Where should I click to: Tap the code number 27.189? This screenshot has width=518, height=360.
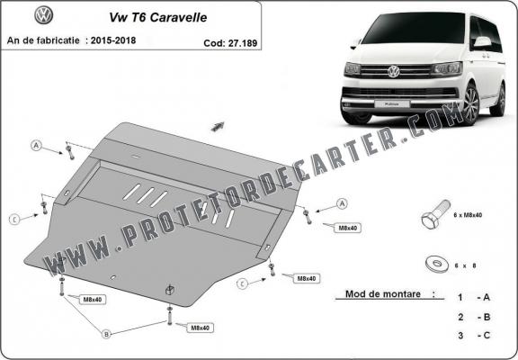(237, 41)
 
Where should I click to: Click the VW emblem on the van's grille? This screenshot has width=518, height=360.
(396, 71)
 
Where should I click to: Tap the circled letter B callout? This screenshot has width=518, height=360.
(105, 334)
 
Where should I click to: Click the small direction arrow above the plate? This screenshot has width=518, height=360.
(217, 126)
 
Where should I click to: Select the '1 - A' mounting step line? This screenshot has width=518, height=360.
(472, 297)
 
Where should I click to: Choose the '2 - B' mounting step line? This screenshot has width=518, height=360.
(472, 317)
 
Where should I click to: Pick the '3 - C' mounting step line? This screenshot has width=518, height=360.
(472, 337)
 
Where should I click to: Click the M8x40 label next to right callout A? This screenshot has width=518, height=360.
(347, 228)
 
